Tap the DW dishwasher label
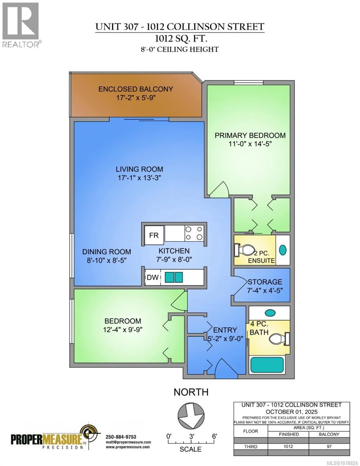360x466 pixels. (151, 278)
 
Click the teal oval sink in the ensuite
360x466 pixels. (283, 250)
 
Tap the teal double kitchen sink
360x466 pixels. (174, 278)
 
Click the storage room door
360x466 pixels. (240, 287)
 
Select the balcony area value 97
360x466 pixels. (329, 447)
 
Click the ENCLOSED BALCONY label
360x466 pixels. (136, 89)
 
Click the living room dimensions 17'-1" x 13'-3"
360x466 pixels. (139, 178)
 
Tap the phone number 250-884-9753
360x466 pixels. (121, 436)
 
